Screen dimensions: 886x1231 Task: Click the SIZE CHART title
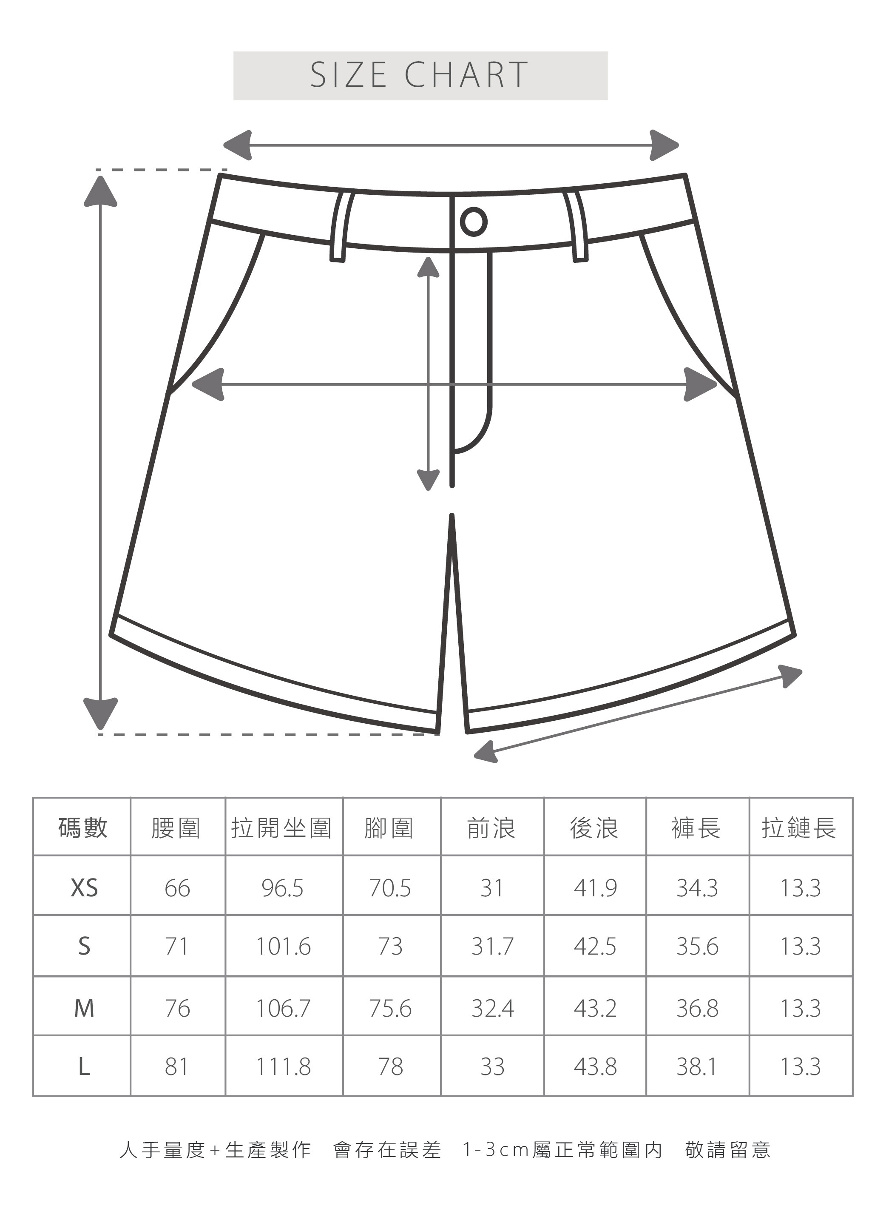tap(419, 75)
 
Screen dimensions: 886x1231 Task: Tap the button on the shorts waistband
tap(473, 222)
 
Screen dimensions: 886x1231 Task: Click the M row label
tap(84, 1009)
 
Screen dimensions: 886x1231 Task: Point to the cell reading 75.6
tap(390, 1009)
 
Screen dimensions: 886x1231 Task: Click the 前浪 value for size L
tap(492, 1067)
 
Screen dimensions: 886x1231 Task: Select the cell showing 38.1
tap(697, 1067)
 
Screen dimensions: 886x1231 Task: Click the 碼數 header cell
tap(82, 828)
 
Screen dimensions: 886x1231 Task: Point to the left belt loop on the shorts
tap(340, 226)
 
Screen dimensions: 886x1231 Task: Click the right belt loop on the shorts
tap(577, 226)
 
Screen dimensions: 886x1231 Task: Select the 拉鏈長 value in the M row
tap(800, 1009)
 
